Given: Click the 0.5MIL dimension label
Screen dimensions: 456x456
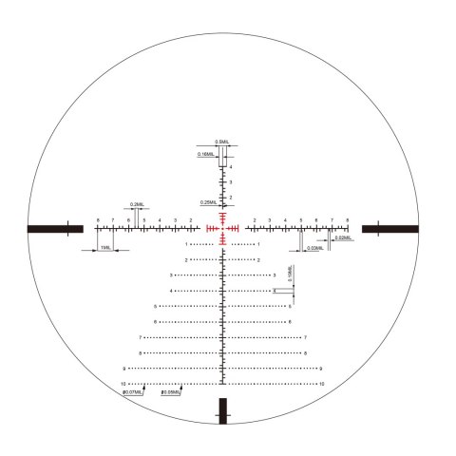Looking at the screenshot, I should pos(221,142).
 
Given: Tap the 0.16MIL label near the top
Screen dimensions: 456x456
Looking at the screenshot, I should pos(205,154).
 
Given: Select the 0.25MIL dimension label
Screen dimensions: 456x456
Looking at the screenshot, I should pos(208,201).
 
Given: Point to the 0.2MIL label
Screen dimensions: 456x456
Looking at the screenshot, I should pos(137,204).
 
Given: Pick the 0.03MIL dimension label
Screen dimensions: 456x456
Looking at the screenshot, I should pos(312,249).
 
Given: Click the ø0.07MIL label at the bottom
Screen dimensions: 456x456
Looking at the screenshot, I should pos(134,391).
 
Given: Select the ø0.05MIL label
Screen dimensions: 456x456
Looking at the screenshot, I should pos(172,391).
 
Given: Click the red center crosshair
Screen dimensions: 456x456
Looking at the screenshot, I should pos(224,228).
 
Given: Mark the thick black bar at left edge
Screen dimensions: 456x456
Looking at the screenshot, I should pos(53,228).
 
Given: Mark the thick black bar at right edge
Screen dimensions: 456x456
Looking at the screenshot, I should pos(389,228).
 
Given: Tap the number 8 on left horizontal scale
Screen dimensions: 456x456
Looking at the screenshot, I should pos(98,220).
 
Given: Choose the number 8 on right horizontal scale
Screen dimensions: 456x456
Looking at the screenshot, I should pos(348,220).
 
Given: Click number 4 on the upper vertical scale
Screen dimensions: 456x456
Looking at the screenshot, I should pos(231,166).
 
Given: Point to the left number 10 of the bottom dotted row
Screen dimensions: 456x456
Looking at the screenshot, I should pos(123,384).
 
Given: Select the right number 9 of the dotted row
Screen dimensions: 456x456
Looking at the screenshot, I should pos(321,369).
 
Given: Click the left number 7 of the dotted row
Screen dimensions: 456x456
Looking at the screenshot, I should pos(140,337).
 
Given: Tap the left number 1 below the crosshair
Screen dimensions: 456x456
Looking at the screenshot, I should pos(187,244).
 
